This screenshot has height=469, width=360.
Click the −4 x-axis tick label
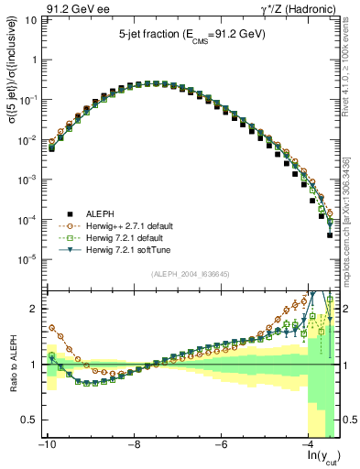click(310, 445)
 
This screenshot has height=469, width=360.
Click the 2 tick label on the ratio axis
click(35, 309)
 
